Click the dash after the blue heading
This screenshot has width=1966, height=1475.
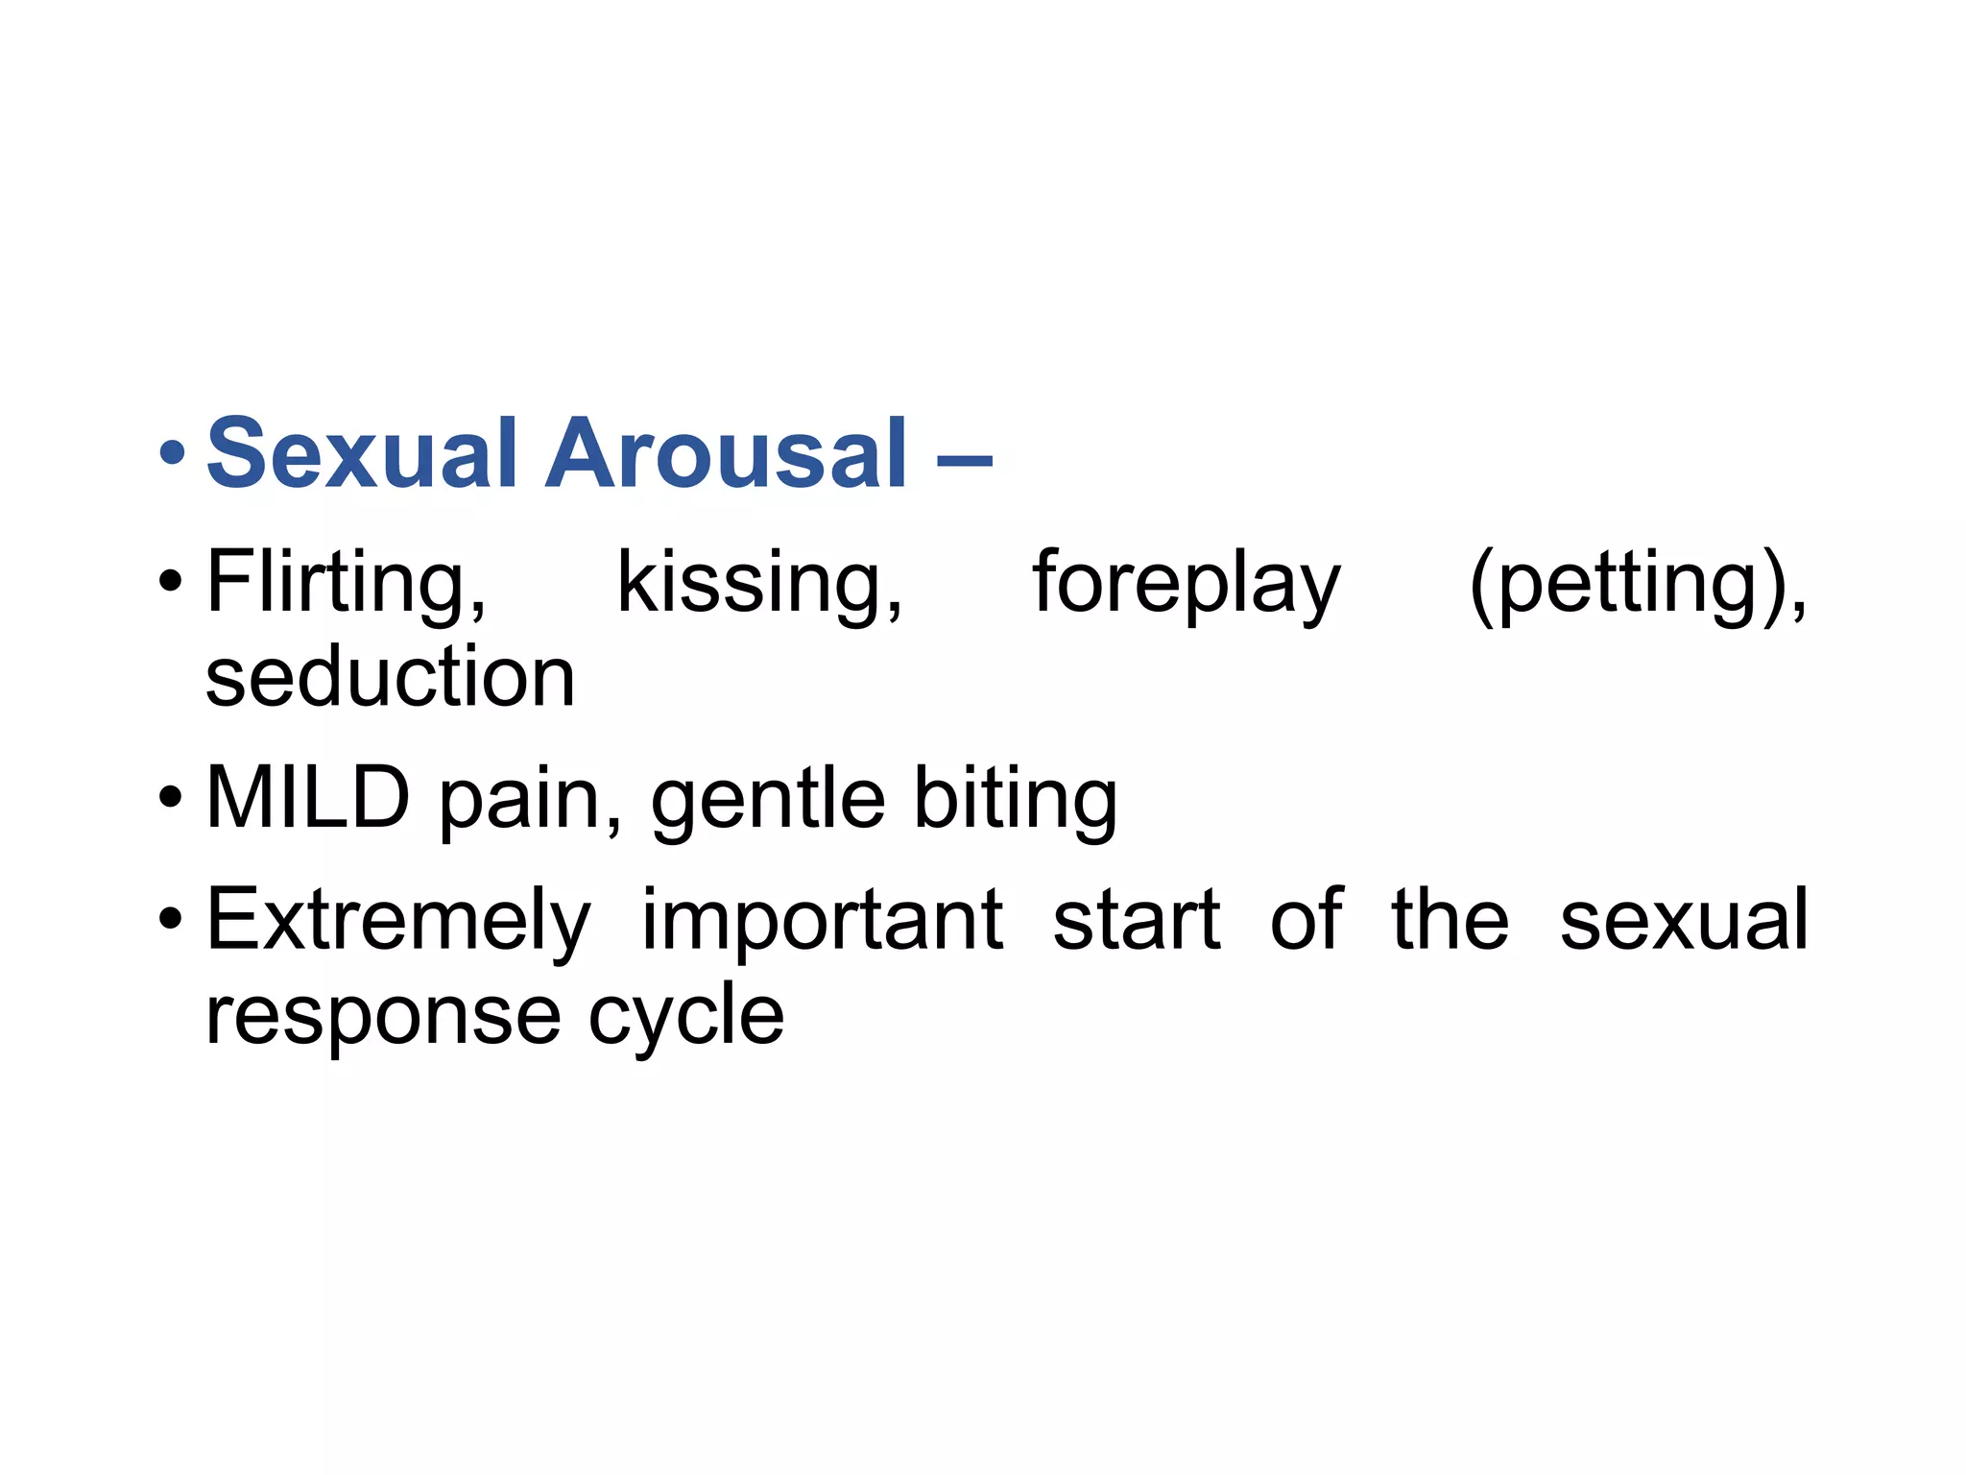point(964,460)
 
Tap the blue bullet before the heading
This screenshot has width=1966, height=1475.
point(172,453)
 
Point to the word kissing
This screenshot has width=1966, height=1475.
point(759,583)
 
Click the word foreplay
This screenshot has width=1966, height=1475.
point(1187,583)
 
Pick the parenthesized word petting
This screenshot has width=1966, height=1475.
point(1638,583)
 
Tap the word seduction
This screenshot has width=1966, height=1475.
point(391,677)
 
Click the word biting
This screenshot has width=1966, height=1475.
point(1016,799)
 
